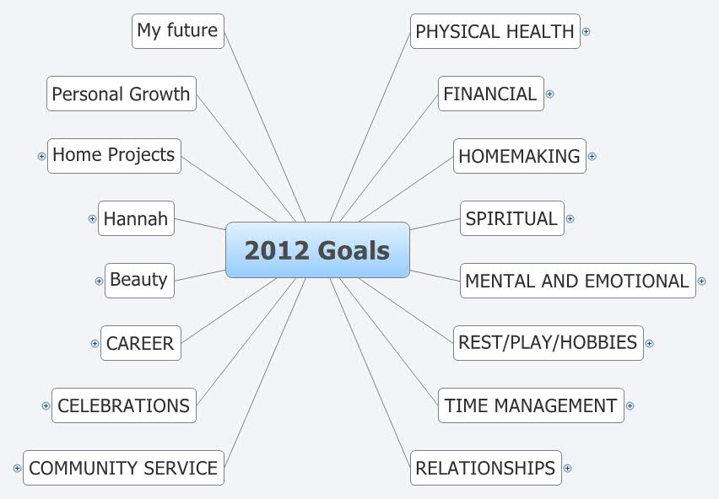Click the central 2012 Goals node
tap(317, 250)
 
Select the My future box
tap(178, 31)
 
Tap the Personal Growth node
tap(121, 94)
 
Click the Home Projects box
tap(114, 156)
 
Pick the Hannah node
tap(136, 218)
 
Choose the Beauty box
tap(139, 280)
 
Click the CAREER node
tap(140, 343)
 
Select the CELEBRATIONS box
tap(123, 405)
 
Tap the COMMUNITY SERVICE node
tap(123, 468)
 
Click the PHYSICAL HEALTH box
tap(495, 31)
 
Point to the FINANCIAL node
tap(490, 94)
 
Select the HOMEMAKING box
tap(519, 156)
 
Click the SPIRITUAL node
tap(511, 218)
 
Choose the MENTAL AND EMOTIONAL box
tap(577, 281)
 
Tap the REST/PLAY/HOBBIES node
tap(548, 343)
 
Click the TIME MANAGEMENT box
tap(531, 405)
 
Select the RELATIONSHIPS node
tap(486, 468)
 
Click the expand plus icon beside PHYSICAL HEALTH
tap(586, 32)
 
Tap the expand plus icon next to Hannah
tap(92, 218)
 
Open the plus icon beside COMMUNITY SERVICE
tap(17, 468)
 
